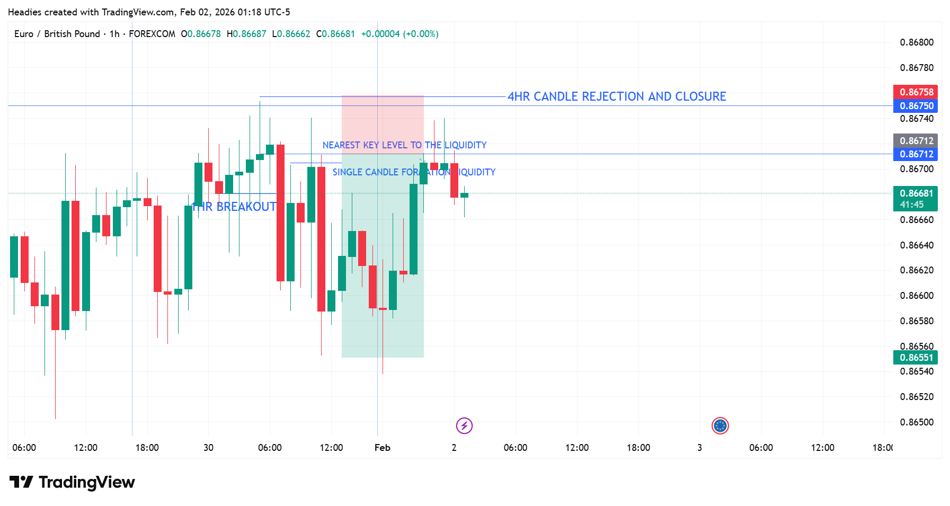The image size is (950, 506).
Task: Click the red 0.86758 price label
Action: (916, 92)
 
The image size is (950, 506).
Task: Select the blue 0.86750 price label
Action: (916, 106)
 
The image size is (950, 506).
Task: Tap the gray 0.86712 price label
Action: (916, 140)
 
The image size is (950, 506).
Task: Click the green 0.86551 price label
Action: (916, 358)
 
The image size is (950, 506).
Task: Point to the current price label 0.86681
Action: (916, 194)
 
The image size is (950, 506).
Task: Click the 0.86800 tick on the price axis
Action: (917, 42)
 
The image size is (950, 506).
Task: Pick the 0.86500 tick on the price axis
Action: (917, 422)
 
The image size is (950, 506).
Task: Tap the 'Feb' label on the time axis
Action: (382, 448)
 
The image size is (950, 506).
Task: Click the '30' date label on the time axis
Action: (208, 448)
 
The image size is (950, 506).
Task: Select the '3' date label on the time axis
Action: (699, 448)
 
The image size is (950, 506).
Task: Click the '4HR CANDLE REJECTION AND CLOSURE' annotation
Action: (617, 96)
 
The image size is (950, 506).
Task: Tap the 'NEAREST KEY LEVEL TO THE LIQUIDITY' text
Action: (404, 145)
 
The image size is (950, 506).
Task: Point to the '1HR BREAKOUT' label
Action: (234, 207)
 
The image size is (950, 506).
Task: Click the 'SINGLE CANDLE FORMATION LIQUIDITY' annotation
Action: (414, 172)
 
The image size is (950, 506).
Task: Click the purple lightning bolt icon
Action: (464, 425)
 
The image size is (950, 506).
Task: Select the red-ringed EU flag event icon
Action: (720, 425)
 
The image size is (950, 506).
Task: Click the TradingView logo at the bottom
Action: (72, 482)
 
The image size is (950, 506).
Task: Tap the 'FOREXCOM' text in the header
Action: (152, 34)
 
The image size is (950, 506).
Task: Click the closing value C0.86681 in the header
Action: (335, 34)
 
